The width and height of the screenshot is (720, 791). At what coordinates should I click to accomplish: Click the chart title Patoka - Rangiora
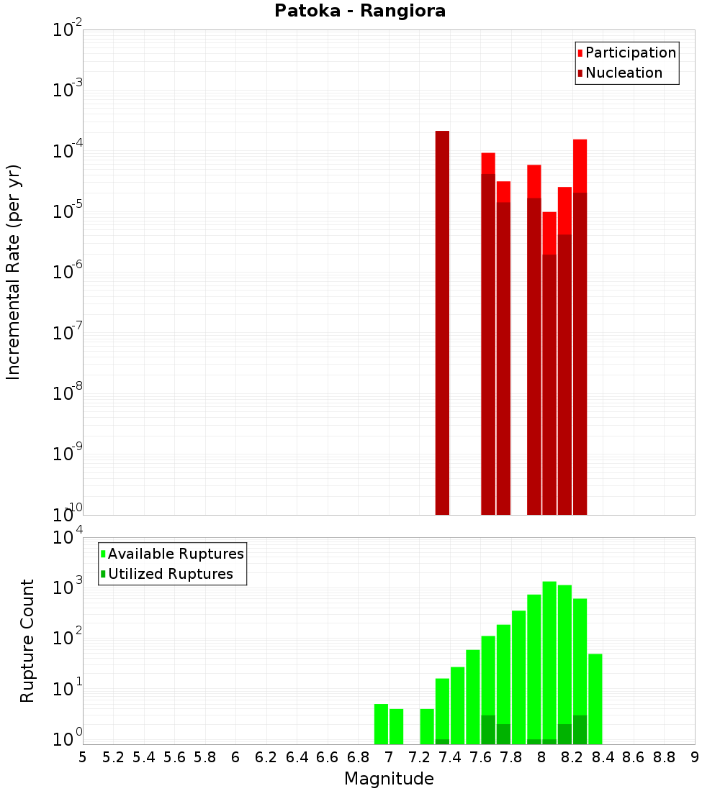click(x=360, y=11)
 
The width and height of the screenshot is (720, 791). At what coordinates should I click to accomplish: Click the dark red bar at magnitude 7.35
click(x=442, y=324)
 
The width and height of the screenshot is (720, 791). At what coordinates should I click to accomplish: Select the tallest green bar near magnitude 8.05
click(x=549, y=662)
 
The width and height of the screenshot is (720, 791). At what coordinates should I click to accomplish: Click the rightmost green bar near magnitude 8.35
click(x=595, y=698)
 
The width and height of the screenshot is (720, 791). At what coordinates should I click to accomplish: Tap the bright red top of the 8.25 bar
click(x=580, y=165)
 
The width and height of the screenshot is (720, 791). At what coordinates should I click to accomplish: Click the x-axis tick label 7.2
click(x=420, y=757)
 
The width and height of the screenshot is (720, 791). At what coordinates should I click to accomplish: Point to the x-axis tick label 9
click(x=694, y=757)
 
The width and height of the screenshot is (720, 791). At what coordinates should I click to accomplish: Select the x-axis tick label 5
click(x=83, y=757)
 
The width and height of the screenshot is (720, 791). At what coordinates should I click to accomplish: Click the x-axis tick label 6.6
click(x=328, y=757)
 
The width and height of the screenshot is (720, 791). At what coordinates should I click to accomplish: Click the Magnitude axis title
click(x=389, y=779)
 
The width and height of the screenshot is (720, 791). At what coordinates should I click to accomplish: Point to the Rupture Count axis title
click(x=27, y=640)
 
